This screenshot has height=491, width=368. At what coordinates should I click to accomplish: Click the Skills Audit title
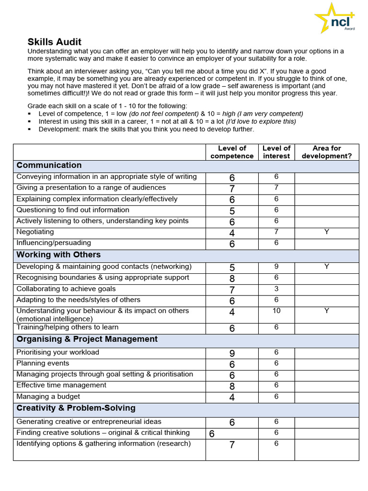point(54,42)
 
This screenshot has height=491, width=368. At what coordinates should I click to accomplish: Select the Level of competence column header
point(232,152)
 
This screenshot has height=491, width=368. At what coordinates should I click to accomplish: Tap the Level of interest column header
point(276,152)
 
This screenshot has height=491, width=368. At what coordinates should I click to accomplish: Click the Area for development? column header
point(326,152)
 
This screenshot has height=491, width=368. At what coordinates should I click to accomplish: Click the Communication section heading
point(49,165)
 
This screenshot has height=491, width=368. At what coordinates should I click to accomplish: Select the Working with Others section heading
point(58,255)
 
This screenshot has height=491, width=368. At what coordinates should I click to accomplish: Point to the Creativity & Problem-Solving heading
point(76,408)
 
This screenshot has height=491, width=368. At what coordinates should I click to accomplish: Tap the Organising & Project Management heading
point(87,339)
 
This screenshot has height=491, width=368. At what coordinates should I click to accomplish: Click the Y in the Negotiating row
point(326,232)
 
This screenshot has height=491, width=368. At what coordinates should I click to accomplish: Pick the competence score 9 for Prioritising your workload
point(232,353)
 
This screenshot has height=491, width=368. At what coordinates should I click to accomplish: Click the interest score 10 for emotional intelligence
point(276,311)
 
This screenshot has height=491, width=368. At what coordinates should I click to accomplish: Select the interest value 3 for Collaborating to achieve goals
point(276,289)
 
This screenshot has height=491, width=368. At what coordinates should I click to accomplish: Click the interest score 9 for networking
point(276,266)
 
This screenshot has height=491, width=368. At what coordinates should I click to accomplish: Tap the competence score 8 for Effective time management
point(232,386)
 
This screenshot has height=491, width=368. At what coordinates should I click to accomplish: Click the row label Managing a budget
point(48,397)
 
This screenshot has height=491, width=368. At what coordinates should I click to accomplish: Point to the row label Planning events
point(43,363)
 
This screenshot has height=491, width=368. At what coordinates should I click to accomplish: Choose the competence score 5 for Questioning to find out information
point(232,211)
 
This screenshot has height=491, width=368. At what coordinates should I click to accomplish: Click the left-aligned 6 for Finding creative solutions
point(211,434)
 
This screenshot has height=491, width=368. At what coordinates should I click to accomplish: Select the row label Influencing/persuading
point(54,243)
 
